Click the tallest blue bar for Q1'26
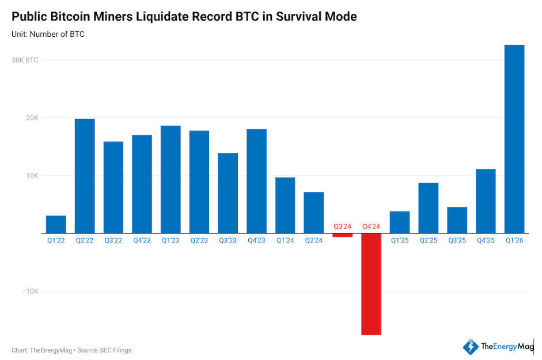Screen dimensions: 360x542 pyautogui.click(x=514, y=139)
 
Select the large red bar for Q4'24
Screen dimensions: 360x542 pyautogui.click(x=371, y=284)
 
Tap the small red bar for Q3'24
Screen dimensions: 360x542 pyautogui.click(x=343, y=235)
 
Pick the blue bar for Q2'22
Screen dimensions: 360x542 pyautogui.click(x=85, y=176)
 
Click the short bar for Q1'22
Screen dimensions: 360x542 pyautogui.click(x=56, y=224)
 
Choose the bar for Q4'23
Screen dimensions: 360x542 pyautogui.click(x=256, y=181)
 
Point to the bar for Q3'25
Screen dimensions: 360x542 pyautogui.click(x=457, y=220)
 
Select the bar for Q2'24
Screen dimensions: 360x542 pyautogui.click(x=314, y=213)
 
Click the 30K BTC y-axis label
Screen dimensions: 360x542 pyautogui.click(x=25, y=60)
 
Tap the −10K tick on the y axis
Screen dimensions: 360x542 pyautogui.click(x=30, y=291)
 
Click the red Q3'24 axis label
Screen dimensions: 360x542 pyautogui.click(x=343, y=227)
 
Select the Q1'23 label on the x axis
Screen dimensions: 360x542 pyautogui.click(x=170, y=240)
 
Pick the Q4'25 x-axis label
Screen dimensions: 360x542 pyautogui.click(x=486, y=240)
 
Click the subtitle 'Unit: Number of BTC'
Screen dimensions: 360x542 pyautogui.click(x=48, y=35)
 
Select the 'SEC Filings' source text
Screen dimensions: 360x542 pyautogui.click(x=117, y=350)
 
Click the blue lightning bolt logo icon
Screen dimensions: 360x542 pyautogui.click(x=471, y=347)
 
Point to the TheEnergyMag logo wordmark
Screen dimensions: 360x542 pyautogui.click(x=506, y=347)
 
